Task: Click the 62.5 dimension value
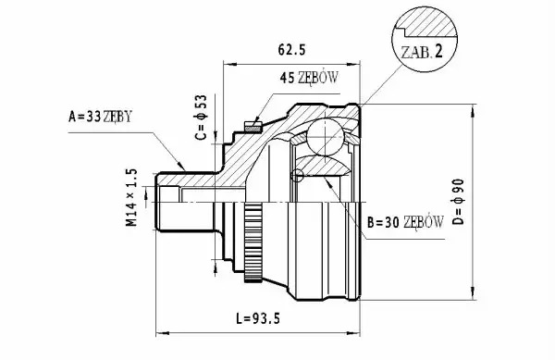[x=291, y=50]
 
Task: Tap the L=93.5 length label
[x=258, y=318]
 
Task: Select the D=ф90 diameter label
[x=458, y=202]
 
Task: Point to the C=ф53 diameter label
[x=201, y=118]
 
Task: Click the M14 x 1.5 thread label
[x=131, y=197]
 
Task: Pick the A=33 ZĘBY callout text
[x=100, y=116]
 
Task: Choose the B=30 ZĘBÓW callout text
[x=405, y=222]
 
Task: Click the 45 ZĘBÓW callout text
[x=309, y=78]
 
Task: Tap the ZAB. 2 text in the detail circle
[x=422, y=53]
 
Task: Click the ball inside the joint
[x=326, y=137]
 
